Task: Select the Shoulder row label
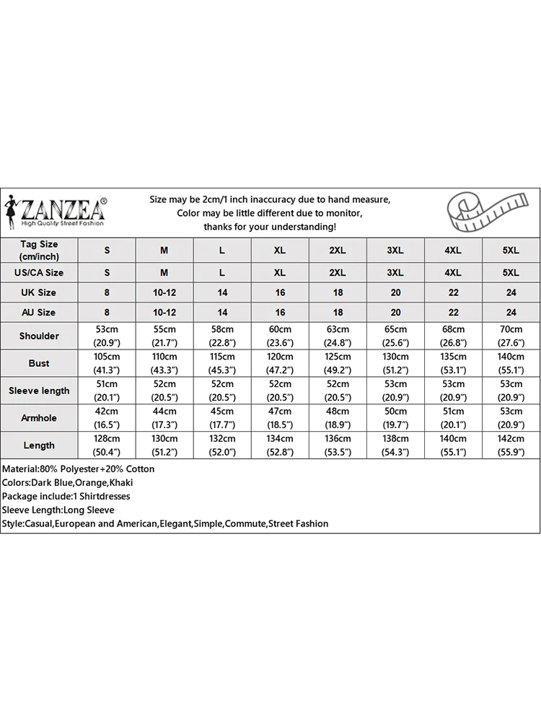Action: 39,336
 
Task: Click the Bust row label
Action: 39,363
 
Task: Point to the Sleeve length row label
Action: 39,391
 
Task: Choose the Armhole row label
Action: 39,418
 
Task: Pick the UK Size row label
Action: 39,292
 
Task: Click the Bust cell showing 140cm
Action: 511,363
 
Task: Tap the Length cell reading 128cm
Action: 107,445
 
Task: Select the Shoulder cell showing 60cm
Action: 280,336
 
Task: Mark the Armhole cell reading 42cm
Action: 107,418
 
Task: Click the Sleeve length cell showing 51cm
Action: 107,391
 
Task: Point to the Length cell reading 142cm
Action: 511,445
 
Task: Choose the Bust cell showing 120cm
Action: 280,363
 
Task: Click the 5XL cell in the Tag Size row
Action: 511,251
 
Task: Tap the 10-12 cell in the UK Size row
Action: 164,292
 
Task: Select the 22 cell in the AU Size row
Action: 453,313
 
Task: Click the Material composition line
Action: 78,469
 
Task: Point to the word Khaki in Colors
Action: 121,482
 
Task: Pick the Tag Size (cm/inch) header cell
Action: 39,251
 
